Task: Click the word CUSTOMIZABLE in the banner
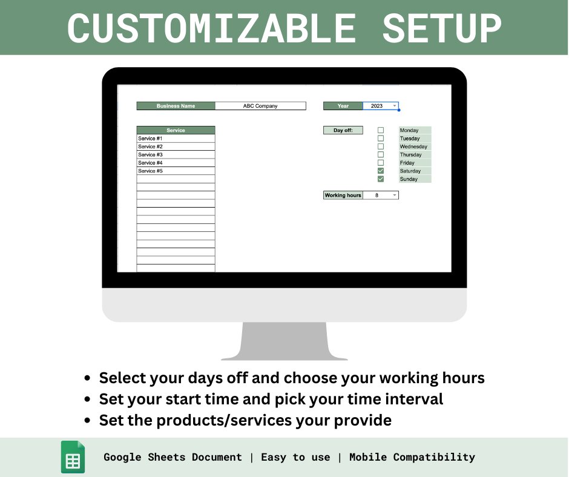pos(211,28)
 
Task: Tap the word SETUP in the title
pos(442,28)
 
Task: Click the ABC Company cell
pos(260,106)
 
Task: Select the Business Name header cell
pos(176,106)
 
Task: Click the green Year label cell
pos(343,106)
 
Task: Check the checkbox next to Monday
pos(381,130)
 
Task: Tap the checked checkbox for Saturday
pos(381,171)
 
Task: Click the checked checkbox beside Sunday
pos(381,179)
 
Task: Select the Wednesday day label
pos(414,146)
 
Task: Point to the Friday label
pos(408,163)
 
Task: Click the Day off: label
pos(343,130)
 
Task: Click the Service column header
pos(176,130)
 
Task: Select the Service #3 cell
pos(176,154)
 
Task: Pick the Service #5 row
pos(176,171)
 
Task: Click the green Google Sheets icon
pos(73,458)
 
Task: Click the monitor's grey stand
pos(284,342)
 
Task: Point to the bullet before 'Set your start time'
pos(88,400)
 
